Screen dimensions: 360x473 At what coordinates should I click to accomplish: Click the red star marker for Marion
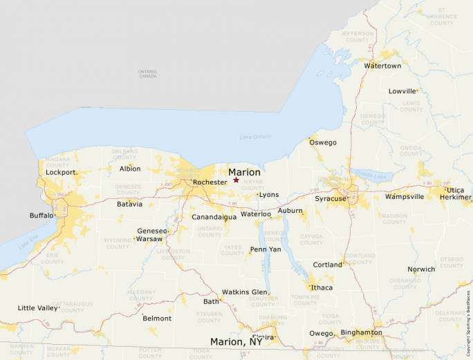[x=236, y=180]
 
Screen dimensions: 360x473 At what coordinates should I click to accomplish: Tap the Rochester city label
[x=210, y=182]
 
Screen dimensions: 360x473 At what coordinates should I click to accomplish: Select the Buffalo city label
[x=41, y=216]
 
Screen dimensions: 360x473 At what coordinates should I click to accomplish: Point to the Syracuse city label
[x=330, y=199]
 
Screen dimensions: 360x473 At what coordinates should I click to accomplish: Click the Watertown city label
[x=382, y=66]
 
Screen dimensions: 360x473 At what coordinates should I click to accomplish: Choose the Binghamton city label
[x=361, y=332]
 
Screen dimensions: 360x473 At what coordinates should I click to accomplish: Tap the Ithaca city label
[x=322, y=287]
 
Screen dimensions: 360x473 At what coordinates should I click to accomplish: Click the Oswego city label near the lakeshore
[x=323, y=142]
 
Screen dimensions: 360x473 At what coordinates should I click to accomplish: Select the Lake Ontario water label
[x=255, y=137]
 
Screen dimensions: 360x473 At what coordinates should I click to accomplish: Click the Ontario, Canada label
[x=147, y=73]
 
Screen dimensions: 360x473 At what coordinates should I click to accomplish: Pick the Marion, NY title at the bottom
[x=236, y=342]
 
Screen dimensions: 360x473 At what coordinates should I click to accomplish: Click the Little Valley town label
[x=37, y=307]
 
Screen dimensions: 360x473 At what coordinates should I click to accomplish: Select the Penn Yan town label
[x=266, y=249]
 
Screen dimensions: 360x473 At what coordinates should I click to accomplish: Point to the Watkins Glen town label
[x=244, y=292]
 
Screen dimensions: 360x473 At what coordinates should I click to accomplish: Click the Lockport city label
[x=60, y=172]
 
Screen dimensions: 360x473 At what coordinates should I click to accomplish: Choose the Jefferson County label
[x=356, y=36]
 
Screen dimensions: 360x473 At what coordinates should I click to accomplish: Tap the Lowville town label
[x=402, y=91]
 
